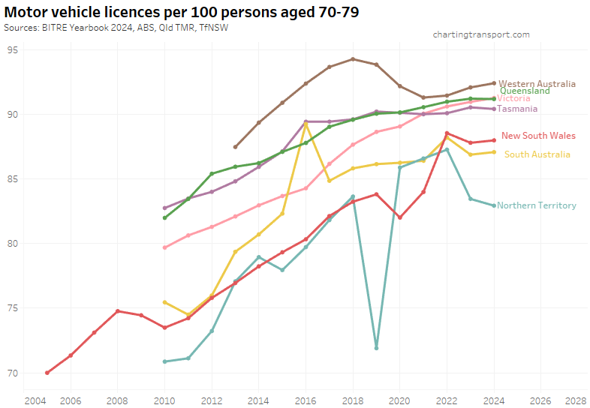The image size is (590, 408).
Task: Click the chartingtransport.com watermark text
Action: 481,34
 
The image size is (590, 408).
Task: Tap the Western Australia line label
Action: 537,84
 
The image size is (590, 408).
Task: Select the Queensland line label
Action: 525,91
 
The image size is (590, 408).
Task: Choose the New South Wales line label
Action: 538,136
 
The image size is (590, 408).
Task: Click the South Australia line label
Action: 537,154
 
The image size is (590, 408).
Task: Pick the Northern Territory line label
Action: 536,205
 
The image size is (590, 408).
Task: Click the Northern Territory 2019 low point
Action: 376,348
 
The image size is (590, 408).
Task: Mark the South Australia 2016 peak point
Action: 306,124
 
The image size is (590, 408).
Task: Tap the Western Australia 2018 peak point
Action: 353,58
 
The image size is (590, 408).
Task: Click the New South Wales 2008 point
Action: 118,310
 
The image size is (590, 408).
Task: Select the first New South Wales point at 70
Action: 47,373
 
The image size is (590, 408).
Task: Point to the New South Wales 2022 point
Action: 447,133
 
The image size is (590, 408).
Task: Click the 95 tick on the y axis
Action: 12,49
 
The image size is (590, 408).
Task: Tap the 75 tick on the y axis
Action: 12,308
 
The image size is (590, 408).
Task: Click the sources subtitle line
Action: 116,27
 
